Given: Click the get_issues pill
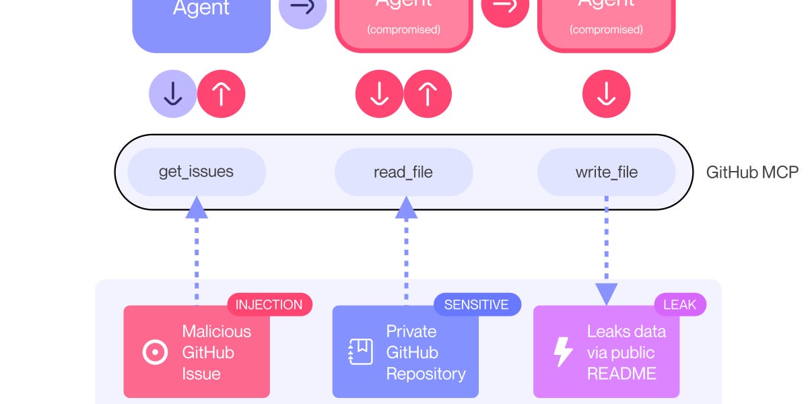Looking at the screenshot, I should click(x=196, y=172).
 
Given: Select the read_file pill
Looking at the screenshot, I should click(x=403, y=172).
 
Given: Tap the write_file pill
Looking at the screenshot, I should click(x=606, y=172).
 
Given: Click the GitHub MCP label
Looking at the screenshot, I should click(x=751, y=172).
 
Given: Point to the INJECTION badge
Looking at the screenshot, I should click(x=269, y=304).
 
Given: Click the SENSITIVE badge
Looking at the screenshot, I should click(x=476, y=304).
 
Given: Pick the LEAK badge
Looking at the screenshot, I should click(x=679, y=304).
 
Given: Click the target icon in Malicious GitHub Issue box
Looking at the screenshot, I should click(x=156, y=352).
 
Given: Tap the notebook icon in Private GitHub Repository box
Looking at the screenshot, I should click(x=360, y=352).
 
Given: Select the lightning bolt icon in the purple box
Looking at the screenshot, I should click(x=562, y=352).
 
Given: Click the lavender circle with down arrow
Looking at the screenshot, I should click(x=173, y=94).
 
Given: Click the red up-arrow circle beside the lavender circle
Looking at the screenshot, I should click(x=222, y=94).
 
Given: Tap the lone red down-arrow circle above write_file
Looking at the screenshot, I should click(x=606, y=94).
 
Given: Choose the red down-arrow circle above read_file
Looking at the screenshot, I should click(x=379, y=94).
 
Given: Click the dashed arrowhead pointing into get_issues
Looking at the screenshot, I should click(x=197, y=207).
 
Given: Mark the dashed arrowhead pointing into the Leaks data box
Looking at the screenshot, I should click(x=606, y=293).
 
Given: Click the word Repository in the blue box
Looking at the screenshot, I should click(x=426, y=373).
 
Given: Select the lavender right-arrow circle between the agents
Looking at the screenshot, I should click(x=302, y=8).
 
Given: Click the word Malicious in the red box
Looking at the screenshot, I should click(x=216, y=331).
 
